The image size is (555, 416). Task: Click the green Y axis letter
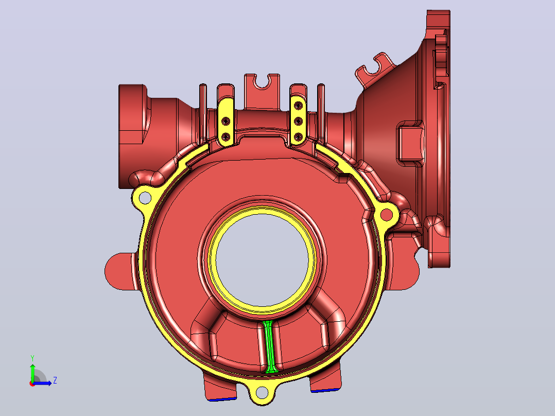[32, 358]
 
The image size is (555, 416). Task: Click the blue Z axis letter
[55, 380]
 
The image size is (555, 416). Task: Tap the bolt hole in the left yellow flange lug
[145, 198]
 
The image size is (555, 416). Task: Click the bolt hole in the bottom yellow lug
[262, 392]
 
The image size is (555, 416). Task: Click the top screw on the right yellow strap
[299, 105]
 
